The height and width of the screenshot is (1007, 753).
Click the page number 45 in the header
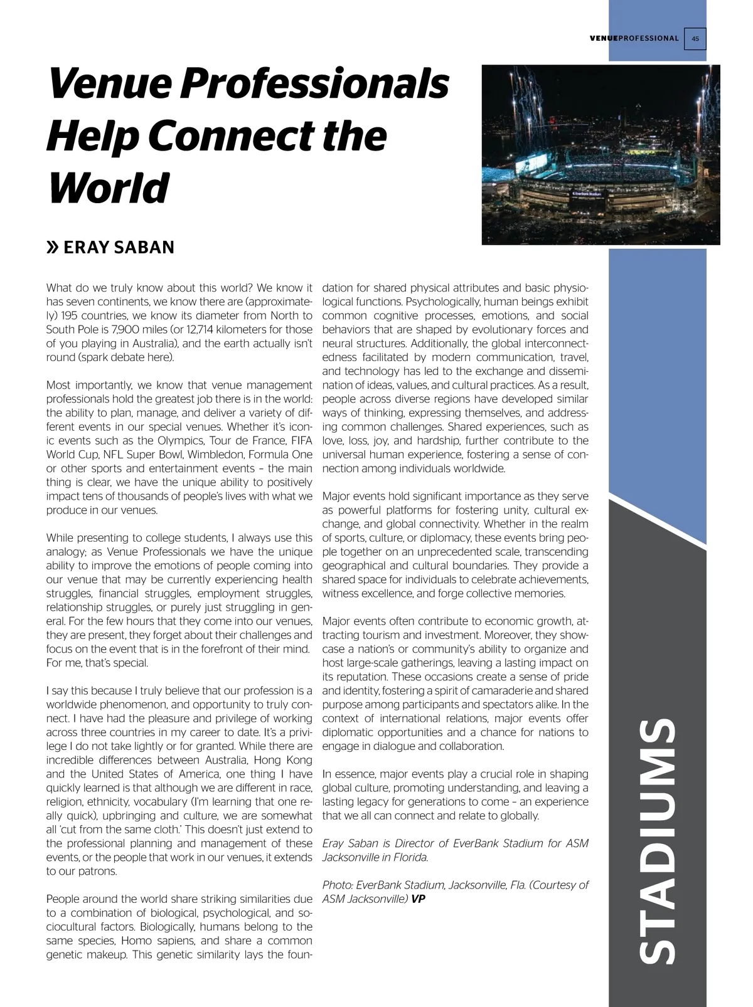pos(695,38)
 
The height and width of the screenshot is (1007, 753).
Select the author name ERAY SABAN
pos(119,248)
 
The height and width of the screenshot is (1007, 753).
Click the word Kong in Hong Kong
pos(298,761)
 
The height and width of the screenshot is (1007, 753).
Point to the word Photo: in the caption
pos(338,885)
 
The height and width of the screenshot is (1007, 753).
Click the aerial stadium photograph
pos(601,154)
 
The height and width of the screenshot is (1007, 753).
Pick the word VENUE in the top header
pos(604,38)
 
